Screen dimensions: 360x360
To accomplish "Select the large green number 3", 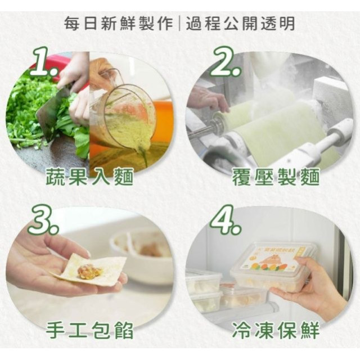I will click(x=43, y=220).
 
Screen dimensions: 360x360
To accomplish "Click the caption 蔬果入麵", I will click(x=91, y=178).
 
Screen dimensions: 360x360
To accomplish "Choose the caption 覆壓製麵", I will click(x=276, y=178).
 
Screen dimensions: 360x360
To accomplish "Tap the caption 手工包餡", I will click(x=91, y=330).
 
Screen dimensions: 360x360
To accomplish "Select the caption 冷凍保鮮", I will click(x=276, y=330).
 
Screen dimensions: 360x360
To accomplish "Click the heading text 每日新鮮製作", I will click(x=118, y=24).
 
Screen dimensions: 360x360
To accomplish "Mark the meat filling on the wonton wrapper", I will click(x=89, y=271).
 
